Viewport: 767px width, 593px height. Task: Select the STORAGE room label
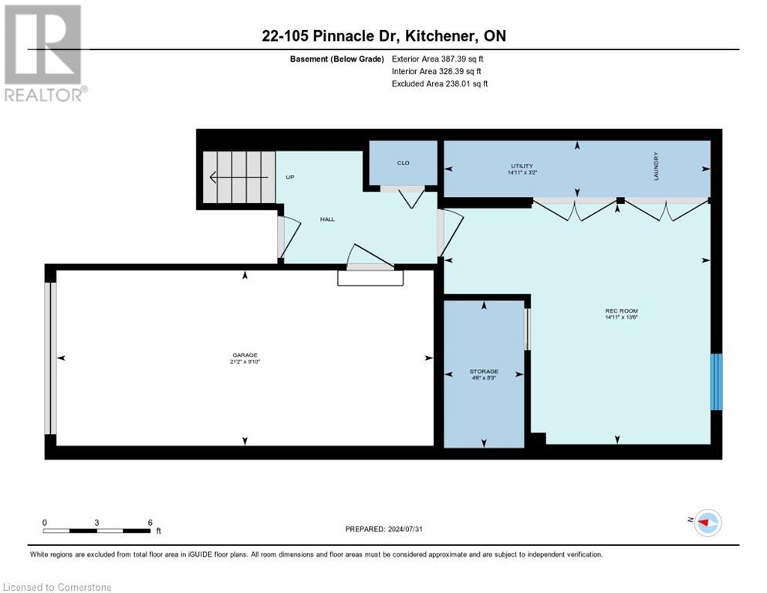pyautogui.click(x=484, y=371)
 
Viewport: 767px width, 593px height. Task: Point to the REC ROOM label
pyautogui.click(x=621, y=310)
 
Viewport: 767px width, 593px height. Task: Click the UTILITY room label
pyautogui.click(x=522, y=165)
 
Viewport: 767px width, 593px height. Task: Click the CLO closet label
pyautogui.click(x=403, y=163)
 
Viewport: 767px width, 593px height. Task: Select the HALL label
pyautogui.click(x=327, y=219)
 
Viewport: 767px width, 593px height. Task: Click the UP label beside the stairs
pyautogui.click(x=290, y=177)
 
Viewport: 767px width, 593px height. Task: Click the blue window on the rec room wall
pyautogui.click(x=716, y=381)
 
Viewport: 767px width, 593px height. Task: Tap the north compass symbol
pyautogui.click(x=707, y=523)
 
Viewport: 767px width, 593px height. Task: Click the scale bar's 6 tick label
pyautogui.click(x=150, y=522)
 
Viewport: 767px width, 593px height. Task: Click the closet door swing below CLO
pyautogui.click(x=409, y=198)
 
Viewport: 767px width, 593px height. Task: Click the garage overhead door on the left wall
pyautogui.click(x=50, y=357)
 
